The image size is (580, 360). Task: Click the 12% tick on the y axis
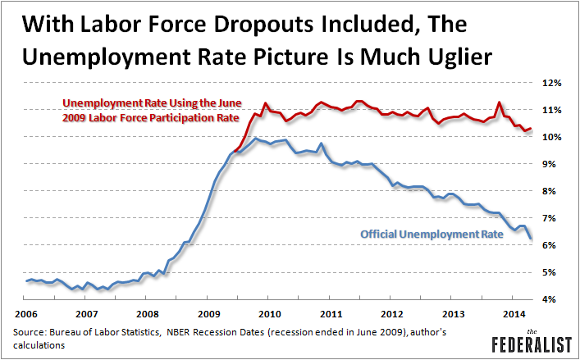550,83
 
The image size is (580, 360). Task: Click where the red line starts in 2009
235,152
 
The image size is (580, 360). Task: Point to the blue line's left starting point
27,281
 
